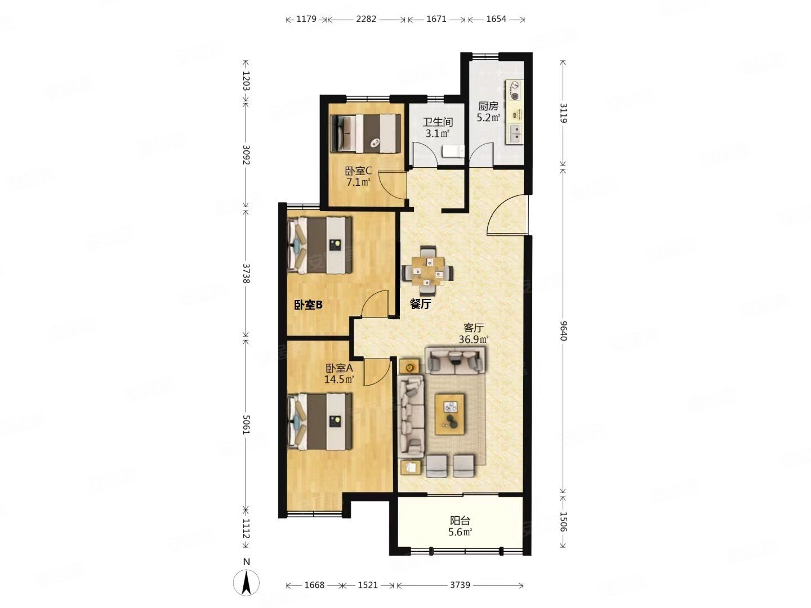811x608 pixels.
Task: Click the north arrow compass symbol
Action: click(x=246, y=582)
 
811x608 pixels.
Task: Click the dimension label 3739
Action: click(x=460, y=585)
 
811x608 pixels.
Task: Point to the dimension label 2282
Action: click(x=366, y=19)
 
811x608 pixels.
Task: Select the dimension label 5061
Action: click(x=246, y=424)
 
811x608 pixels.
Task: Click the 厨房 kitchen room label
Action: click(x=488, y=106)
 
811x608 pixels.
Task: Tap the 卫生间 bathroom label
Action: click(x=438, y=122)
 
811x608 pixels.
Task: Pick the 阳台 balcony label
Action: click(x=460, y=521)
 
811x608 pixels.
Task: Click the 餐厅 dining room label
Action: click(x=421, y=304)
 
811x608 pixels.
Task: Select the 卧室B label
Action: click(x=308, y=305)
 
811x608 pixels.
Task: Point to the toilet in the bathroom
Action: click(x=453, y=151)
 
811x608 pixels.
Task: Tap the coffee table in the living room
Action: click(x=449, y=414)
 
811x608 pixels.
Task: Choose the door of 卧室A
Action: click(x=377, y=372)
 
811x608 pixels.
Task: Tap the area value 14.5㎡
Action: click(x=339, y=379)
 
